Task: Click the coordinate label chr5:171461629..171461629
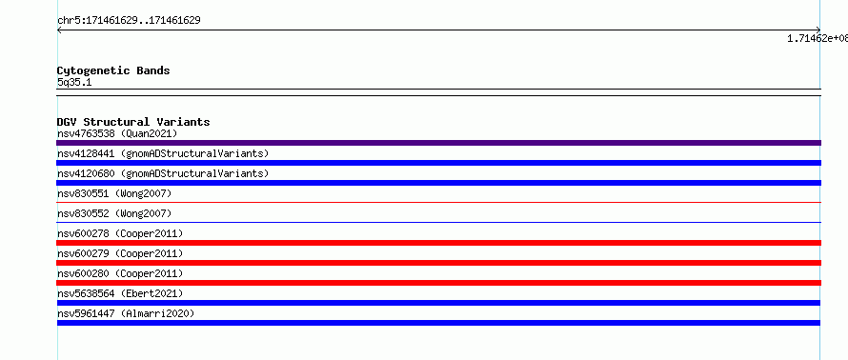point(129,21)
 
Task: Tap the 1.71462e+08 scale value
point(818,38)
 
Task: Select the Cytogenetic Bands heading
point(113,70)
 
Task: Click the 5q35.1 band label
point(74,82)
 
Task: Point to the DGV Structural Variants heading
point(133,122)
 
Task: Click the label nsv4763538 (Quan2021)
point(117,133)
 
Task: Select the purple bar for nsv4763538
point(438,143)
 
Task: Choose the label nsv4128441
point(86,153)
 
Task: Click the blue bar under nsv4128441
point(438,163)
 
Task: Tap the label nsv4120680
point(86,173)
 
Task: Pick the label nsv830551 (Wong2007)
point(114,193)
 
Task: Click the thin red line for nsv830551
point(438,202)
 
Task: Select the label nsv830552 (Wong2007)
point(114,213)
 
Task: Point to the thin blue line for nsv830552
point(438,222)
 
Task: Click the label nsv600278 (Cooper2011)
point(120,233)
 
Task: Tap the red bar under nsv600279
point(438,263)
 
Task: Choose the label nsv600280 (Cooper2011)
point(120,273)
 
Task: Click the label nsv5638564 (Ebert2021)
point(120,293)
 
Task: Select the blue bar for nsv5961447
point(438,323)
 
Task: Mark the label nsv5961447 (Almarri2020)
point(126,313)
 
